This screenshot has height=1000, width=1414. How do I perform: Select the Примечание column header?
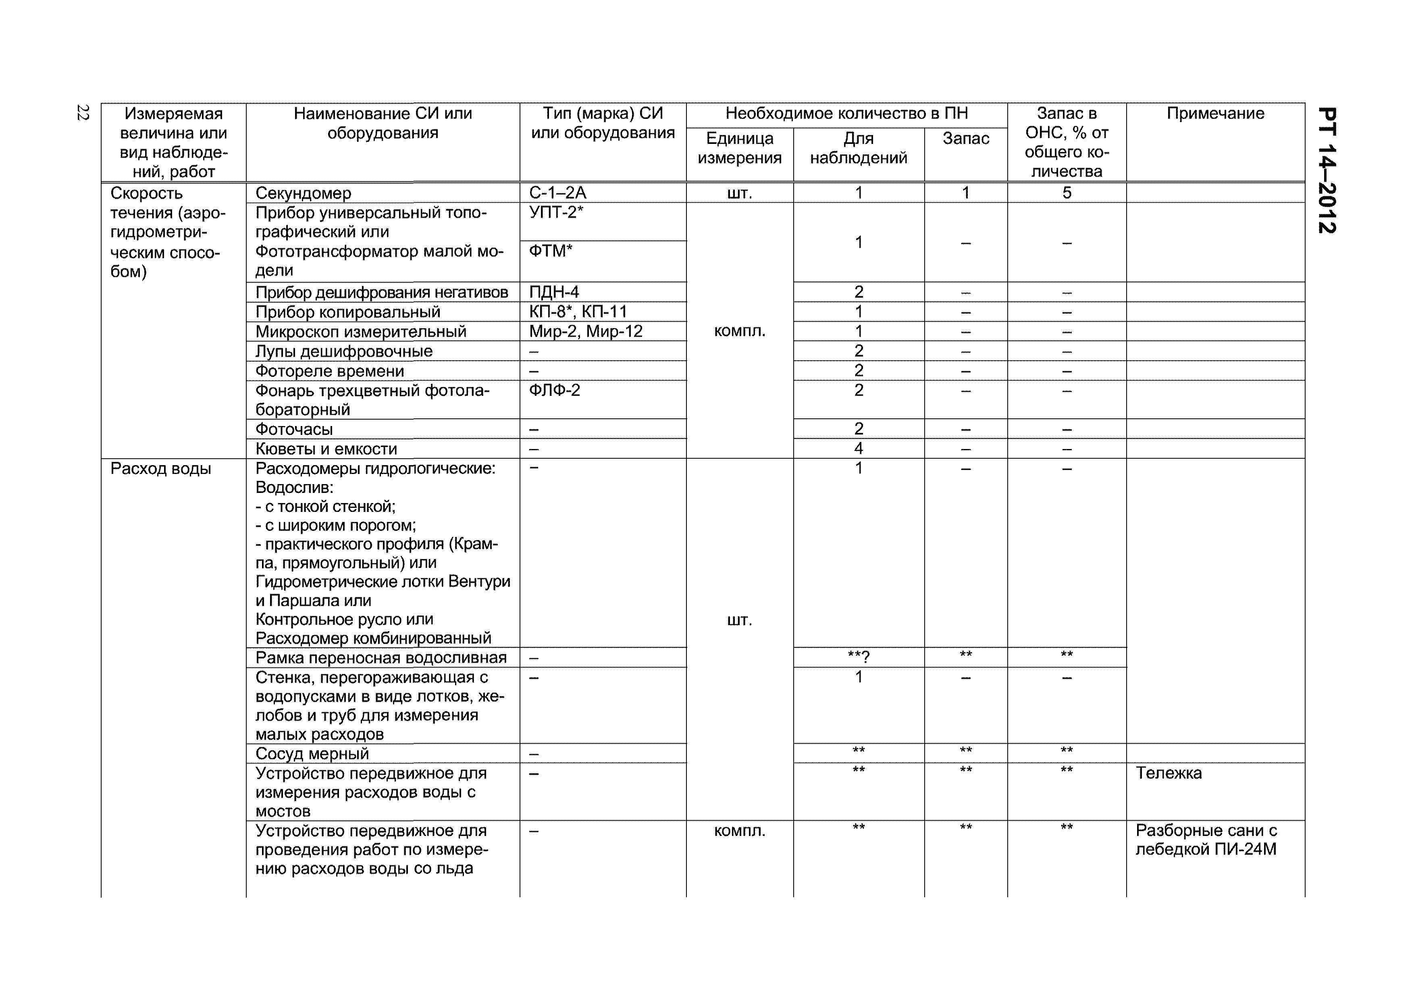(x=1214, y=113)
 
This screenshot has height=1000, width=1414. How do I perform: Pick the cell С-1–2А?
(x=557, y=193)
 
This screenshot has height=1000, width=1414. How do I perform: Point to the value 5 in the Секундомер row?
(x=1066, y=193)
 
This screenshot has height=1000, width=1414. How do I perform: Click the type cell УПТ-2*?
(x=555, y=212)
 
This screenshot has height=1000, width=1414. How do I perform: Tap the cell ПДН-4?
(x=554, y=292)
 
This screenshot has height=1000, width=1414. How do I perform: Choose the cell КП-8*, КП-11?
(x=577, y=312)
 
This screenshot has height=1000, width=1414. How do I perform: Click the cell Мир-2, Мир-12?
(x=585, y=331)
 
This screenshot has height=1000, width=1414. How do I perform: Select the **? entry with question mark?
(x=859, y=657)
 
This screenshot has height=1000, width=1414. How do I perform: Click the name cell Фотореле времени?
(x=329, y=371)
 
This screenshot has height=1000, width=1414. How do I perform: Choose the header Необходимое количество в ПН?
(x=846, y=113)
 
